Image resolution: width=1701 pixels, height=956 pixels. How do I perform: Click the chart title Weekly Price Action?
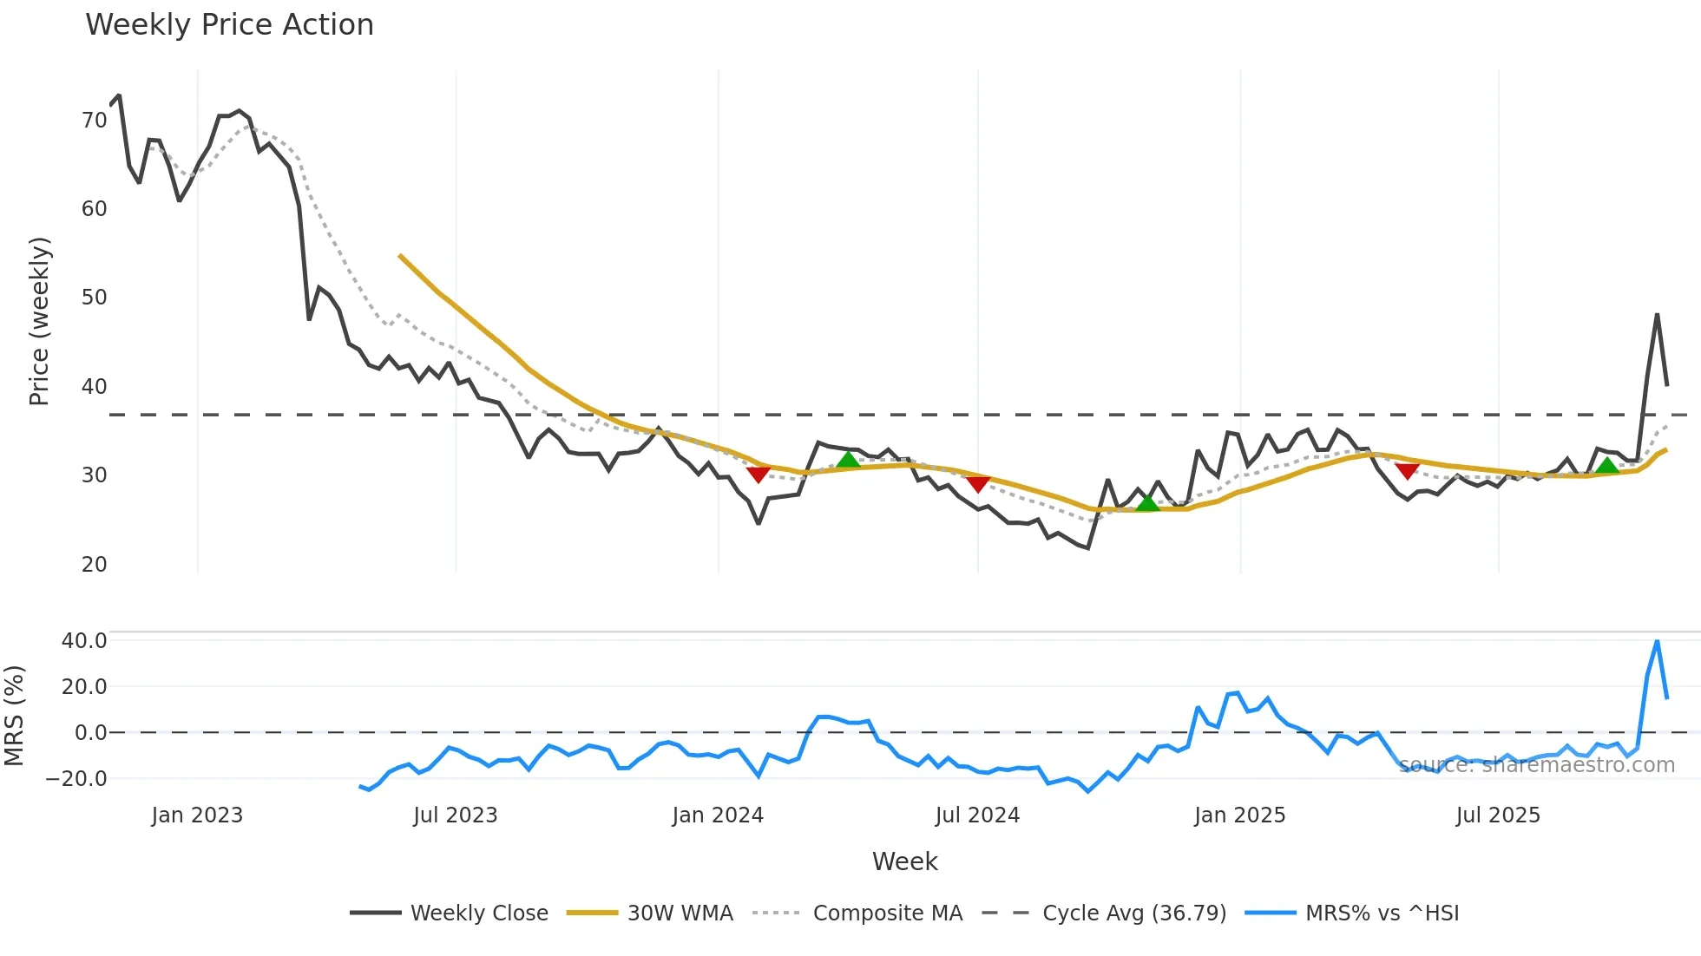(x=229, y=25)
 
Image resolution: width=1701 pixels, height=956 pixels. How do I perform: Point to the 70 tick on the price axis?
(x=94, y=120)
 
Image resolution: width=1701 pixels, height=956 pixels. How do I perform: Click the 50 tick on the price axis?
(x=94, y=298)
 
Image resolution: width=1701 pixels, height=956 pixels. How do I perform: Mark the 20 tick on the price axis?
(x=94, y=565)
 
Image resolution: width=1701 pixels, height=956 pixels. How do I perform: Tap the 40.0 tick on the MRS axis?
(x=84, y=641)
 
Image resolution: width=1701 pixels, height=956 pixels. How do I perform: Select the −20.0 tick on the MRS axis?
(x=76, y=779)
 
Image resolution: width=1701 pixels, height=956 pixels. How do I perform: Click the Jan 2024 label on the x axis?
(x=718, y=815)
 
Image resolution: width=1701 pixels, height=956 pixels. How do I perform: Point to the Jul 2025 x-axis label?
(x=1498, y=815)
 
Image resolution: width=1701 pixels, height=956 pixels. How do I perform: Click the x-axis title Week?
(x=904, y=861)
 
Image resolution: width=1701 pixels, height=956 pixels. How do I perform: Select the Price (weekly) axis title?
(x=40, y=321)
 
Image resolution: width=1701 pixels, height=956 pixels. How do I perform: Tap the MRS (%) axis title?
(x=15, y=716)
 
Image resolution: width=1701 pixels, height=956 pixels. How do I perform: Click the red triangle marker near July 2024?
(x=978, y=484)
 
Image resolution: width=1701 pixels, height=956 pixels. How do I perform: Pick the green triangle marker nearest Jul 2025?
(x=1607, y=466)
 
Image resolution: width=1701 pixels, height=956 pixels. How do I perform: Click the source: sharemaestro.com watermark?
(x=1536, y=765)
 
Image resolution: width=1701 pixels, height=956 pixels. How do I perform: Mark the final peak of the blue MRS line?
(x=1657, y=641)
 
